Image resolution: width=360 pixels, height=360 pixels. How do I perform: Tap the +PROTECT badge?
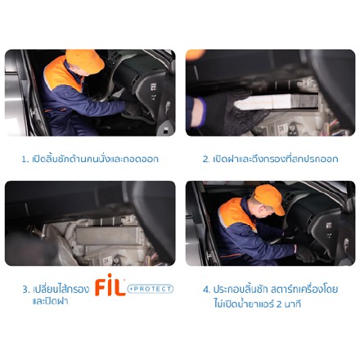(x=150, y=289)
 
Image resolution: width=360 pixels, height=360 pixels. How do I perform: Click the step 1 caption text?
(x=90, y=159)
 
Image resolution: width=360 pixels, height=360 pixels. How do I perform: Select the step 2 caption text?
(x=270, y=159)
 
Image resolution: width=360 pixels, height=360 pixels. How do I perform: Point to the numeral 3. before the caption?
(x=25, y=290)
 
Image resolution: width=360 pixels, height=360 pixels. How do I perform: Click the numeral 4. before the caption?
(x=206, y=290)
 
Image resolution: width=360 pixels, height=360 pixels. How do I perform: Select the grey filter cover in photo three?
(x=108, y=236)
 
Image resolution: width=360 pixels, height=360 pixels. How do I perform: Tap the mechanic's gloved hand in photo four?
(x=305, y=254)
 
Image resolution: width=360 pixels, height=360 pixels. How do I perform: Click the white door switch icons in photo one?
(x=154, y=91)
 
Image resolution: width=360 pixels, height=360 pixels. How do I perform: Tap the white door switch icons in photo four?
(x=329, y=230)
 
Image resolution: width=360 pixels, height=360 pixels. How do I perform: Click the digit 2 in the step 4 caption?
(x=279, y=304)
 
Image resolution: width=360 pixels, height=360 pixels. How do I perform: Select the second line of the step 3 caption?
(x=50, y=301)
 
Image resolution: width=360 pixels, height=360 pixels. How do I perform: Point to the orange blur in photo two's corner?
(x=195, y=54)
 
